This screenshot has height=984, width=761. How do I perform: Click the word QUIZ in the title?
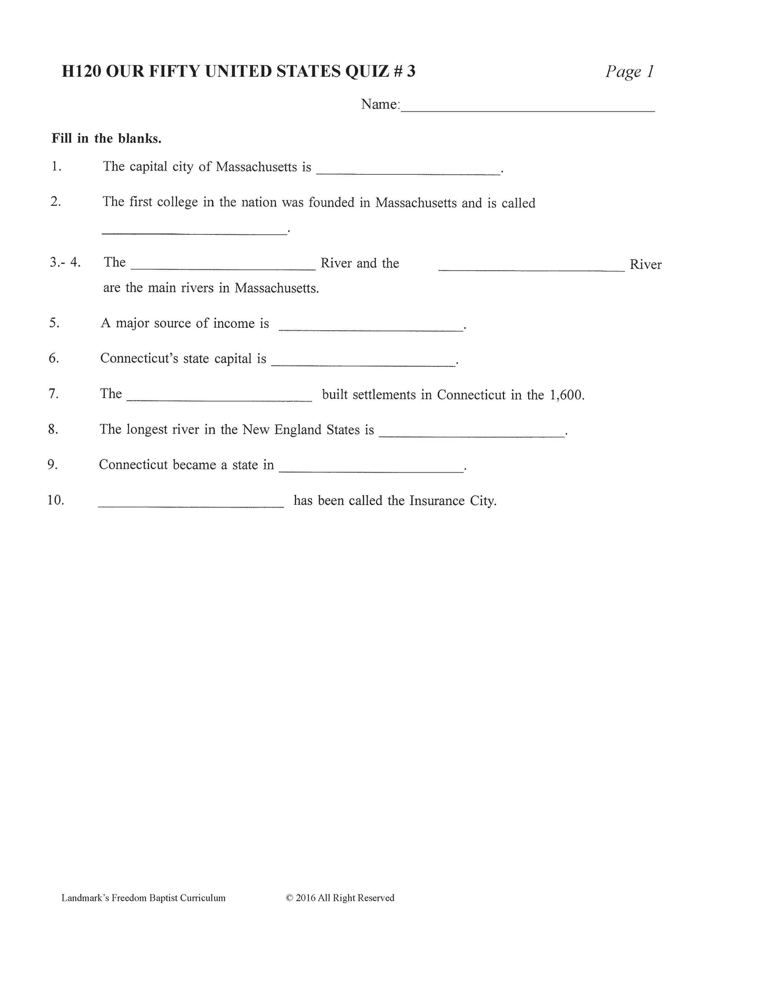point(366,71)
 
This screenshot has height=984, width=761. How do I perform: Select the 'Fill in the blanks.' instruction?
point(106,138)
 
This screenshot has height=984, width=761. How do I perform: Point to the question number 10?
point(56,500)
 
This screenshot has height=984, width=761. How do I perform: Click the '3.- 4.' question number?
point(65,262)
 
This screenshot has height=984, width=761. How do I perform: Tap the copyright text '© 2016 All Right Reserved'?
point(340,898)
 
